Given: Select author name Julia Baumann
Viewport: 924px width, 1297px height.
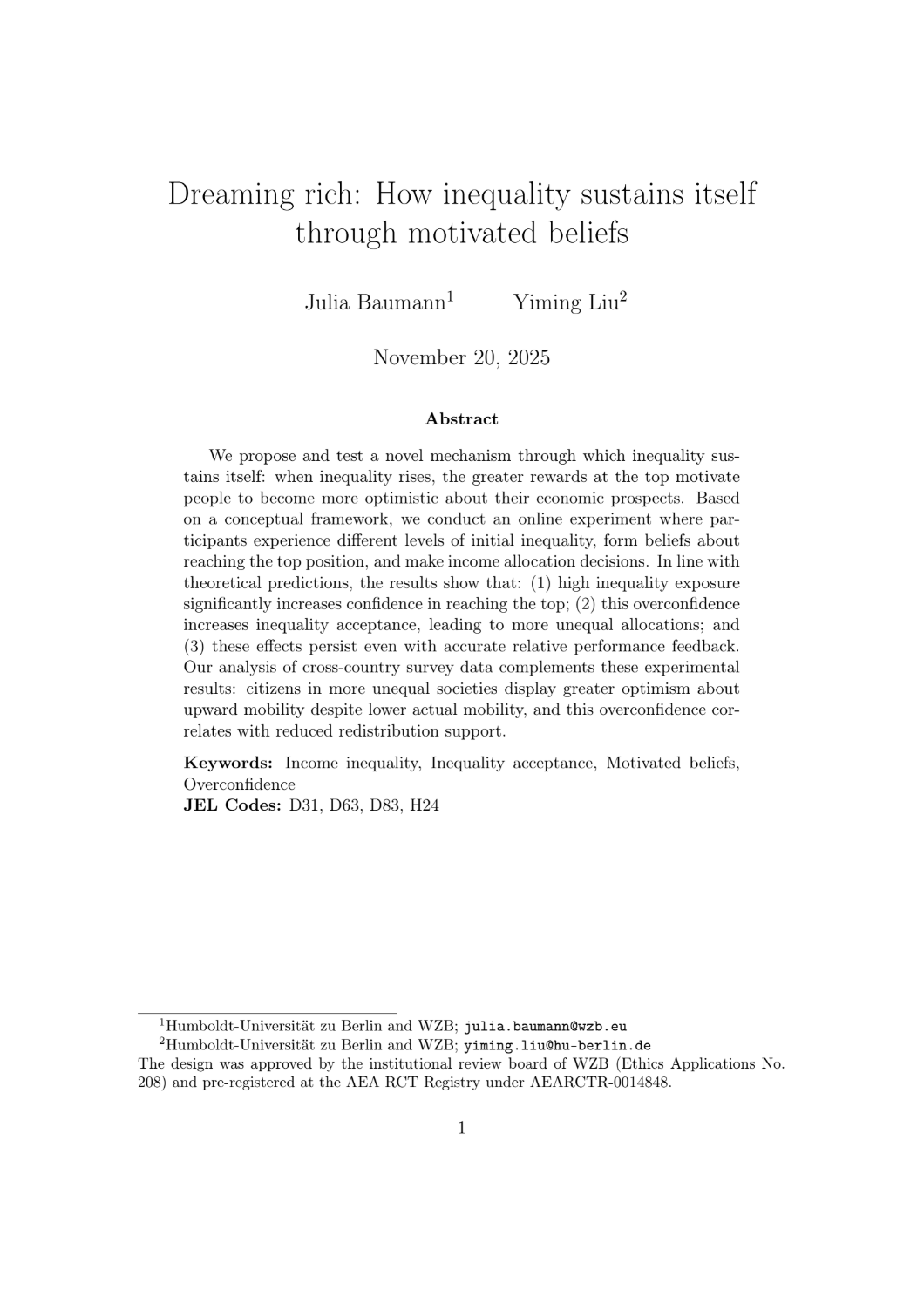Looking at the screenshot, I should [x=375, y=302].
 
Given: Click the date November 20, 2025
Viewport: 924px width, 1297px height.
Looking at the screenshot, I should [x=461, y=357].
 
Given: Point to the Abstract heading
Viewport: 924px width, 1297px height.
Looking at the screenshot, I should [x=461, y=419].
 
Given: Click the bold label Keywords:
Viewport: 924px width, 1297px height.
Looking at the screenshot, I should [x=228, y=764].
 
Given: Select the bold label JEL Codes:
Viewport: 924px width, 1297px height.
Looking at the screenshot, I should [x=232, y=805].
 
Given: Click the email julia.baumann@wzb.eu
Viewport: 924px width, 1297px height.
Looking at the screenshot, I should [x=545, y=1026].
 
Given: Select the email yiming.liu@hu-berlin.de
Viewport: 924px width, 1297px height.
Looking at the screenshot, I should [x=557, y=1046].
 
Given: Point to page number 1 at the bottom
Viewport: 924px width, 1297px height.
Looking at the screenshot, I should [x=461, y=1129].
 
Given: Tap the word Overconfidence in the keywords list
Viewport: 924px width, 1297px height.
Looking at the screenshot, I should [x=239, y=784].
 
